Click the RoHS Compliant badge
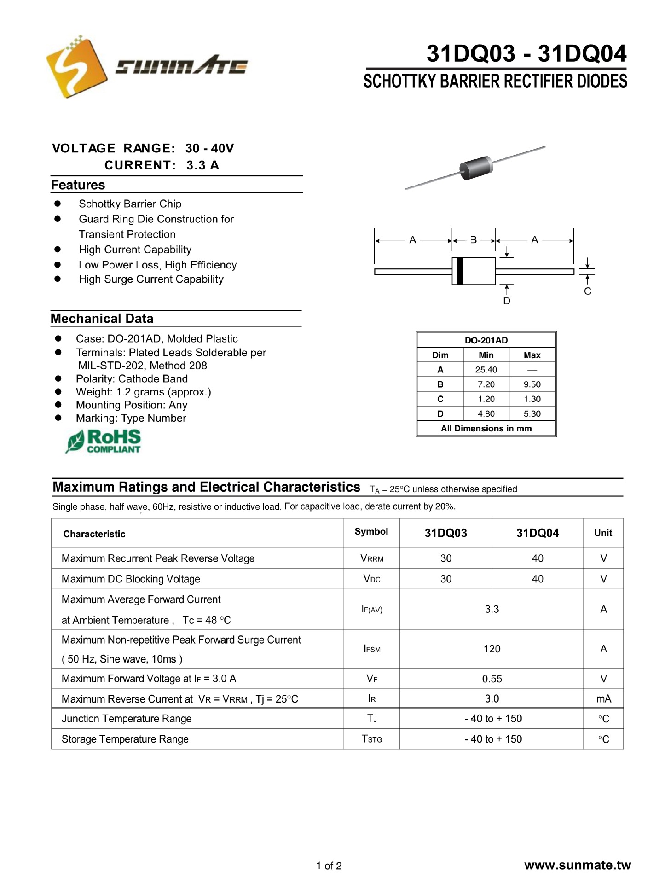click(x=104, y=442)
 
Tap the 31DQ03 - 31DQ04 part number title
click(x=526, y=53)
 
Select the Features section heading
click(x=78, y=185)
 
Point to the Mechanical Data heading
click(x=102, y=319)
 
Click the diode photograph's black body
click(x=476, y=167)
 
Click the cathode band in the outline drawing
click(x=458, y=271)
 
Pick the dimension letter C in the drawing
click(x=587, y=291)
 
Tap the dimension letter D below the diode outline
click(x=507, y=301)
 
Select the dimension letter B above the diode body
click(x=473, y=240)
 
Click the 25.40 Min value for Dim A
click(x=486, y=370)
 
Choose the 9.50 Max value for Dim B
click(x=532, y=384)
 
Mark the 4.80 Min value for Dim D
click(x=486, y=414)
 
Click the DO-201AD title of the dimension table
click(x=486, y=340)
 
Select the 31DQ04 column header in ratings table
click(x=537, y=533)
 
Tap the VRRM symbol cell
click(x=371, y=558)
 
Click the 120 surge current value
click(x=492, y=649)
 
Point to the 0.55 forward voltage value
click(x=492, y=679)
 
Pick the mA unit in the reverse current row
click(x=603, y=699)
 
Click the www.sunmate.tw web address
click(x=577, y=865)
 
